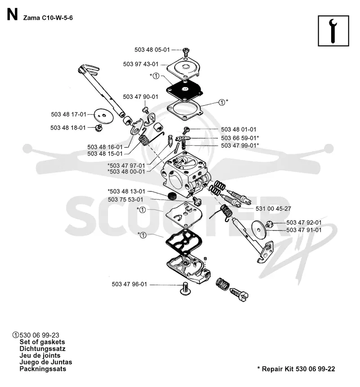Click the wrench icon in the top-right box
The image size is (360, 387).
pyautogui.click(x=333, y=31)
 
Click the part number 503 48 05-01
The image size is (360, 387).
pyautogui.click(x=152, y=49)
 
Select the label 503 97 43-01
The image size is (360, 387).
pyautogui.click(x=140, y=64)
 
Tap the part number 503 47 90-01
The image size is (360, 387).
pyautogui.click(x=140, y=97)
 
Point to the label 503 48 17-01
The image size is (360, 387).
pyautogui.click(x=69, y=115)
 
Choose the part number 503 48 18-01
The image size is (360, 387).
pyautogui.click(x=68, y=128)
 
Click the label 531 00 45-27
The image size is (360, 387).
pyautogui.click(x=273, y=209)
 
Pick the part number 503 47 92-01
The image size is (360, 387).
pyautogui.click(x=304, y=222)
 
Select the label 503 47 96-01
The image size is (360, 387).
pyautogui.click(x=129, y=285)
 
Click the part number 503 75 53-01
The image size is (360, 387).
pyautogui.click(x=126, y=200)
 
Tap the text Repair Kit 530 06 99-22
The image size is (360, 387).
pyautogui.click(x=298, y=369)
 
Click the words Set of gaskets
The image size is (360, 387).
pyautogui.click(x=42, y=342)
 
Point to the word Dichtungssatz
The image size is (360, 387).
pyautogui.click(x=42, y=349)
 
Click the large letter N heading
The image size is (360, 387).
pyautogui.click(x=12, y=15)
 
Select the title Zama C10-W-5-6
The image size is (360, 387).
pyautogui.click(x=48, y=18)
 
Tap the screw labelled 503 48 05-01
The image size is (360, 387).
pyautogui.click(x=186, y=52)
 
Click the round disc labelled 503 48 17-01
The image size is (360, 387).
pyautogui.click(x=104, y=116)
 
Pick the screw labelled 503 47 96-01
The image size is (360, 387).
pyautogui.click(x=185, y=289)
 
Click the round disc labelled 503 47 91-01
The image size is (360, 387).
pyautogui.click(x=258, y=230)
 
